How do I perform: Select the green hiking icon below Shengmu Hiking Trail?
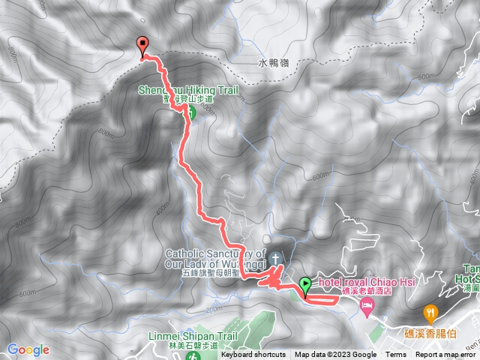tap(190, 112)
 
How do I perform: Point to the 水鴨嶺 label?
tap(274, 64)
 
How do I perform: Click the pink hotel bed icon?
tap(367, 304)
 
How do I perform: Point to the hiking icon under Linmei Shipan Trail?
tap(193, 355)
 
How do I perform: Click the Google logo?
tap(28, 349)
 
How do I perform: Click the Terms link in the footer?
tap(396, 355)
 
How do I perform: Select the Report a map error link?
tap(446, 355)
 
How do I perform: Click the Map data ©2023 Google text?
tap(335, 355)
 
